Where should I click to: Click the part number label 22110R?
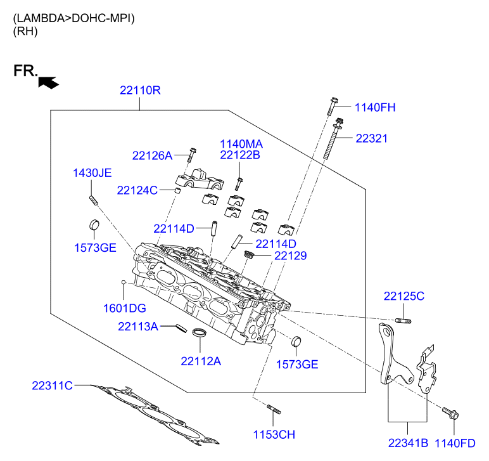tap(140, 91)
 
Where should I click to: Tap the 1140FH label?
tap(374, 108)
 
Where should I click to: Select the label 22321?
tap(371, 138)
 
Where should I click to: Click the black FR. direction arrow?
tap(48, 82)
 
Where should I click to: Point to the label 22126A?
tap(152, 155)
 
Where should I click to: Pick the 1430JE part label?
tap(92, 172)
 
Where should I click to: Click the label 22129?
tap(290, 256)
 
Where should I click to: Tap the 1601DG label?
tap(125, 308)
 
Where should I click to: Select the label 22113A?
tap(137, 327)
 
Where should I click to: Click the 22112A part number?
tap(201, 361)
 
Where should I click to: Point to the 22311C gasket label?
tap(53, 385)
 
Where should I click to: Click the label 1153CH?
tap(274, 434)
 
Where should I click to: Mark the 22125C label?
tap(403, 296)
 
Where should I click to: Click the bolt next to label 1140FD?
tap(450, 413)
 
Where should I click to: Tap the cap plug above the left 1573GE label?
tap(92, 225)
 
